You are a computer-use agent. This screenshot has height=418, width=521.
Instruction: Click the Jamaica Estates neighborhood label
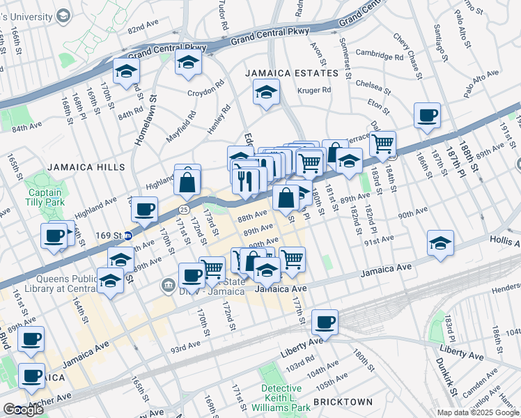point(291,72)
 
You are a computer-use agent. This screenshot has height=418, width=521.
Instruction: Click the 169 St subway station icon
point(128,235)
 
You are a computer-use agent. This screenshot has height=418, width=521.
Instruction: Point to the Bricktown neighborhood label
point(342,402)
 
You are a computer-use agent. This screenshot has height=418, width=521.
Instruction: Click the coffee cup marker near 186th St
point(426,115)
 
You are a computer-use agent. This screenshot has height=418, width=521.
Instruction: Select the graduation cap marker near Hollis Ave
point(440,243)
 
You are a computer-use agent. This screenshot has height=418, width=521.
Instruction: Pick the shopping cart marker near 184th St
point(382,144)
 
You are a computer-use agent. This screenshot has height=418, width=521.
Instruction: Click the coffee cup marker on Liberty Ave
point(325,322)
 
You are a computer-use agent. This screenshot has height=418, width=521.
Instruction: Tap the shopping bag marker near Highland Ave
point(187,183)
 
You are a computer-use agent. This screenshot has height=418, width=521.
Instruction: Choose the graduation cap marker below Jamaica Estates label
point(265,91)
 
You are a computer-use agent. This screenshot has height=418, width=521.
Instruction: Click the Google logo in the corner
point(23,410)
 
